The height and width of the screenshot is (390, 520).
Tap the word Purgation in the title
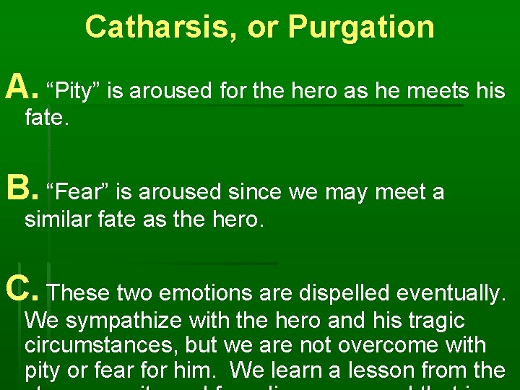(x=361, y=27)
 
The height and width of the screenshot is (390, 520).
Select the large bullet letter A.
(x=19, y=89)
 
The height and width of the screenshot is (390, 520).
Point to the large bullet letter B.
(x=19, y=190)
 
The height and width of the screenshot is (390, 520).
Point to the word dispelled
(x=334, y=293)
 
